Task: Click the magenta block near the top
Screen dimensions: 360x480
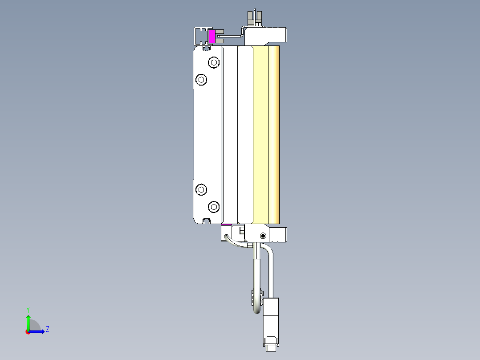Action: pyautogui.click(x=212, y=37)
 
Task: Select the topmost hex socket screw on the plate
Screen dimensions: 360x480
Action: pyautogui.click(x=214, y=62)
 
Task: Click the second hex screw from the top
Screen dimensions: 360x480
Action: pyautogui.click(x=202, y=80)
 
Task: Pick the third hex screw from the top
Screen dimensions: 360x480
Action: pyautogui.click(x=202, y=190)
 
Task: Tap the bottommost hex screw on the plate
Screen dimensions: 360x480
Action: pyautogui.click(x=214, y=207)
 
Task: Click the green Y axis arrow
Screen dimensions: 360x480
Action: pyautogui.click(x=28, y=322)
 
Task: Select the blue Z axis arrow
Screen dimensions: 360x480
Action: pyautogui.click(x=38, y=331)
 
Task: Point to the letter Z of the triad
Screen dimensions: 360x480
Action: pyautogui.click(x=48, y=329)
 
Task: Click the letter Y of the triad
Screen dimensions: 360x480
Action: pyautogui.click(x=28, y=309)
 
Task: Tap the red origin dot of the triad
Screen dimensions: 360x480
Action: pyautogui.click(x=28, y=332)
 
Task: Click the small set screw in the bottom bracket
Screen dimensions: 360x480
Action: pyautogui.click(x=263, y=235)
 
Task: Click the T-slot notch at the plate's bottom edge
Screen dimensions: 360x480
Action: pyautogui.click(x=206, y=221)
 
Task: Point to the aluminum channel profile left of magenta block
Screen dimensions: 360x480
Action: pyautogui.click(x=200, y=36)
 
